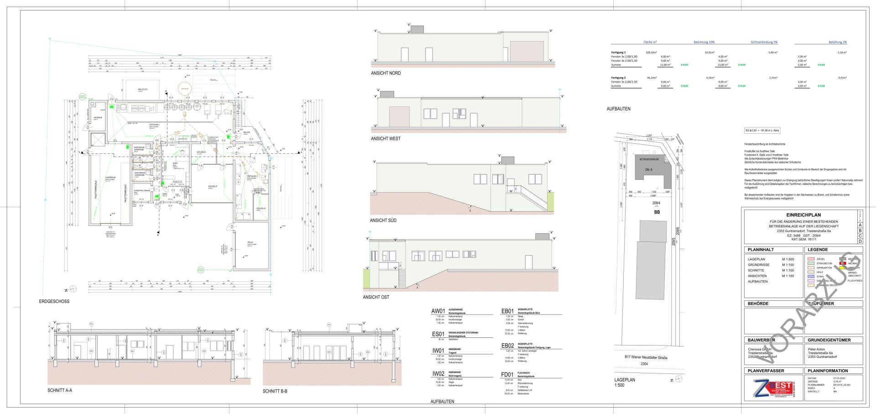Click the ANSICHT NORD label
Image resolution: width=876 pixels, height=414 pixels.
386,73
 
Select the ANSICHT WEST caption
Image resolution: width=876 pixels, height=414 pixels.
386,139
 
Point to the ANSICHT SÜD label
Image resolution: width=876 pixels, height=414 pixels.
383,220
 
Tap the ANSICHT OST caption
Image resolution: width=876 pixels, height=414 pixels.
376,297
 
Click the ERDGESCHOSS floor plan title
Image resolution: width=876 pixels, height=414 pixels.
54,302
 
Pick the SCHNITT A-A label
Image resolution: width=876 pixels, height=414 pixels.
60,391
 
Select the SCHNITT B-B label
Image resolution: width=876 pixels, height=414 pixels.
275,392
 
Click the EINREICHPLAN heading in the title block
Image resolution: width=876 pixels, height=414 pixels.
803,215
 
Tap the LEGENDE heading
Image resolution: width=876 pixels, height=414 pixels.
818,250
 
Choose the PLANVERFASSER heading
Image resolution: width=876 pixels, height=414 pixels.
766,371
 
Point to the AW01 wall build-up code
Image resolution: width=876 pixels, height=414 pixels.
438,311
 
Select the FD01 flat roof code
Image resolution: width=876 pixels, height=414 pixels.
507,375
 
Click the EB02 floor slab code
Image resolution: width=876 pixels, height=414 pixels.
507,346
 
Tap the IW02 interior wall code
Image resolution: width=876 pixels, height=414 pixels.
438,374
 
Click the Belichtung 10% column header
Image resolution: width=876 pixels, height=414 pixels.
704,42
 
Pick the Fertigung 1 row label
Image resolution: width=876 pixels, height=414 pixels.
618,52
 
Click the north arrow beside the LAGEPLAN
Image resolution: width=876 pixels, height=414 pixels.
679,379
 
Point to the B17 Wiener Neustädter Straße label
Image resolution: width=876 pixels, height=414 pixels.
646,357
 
